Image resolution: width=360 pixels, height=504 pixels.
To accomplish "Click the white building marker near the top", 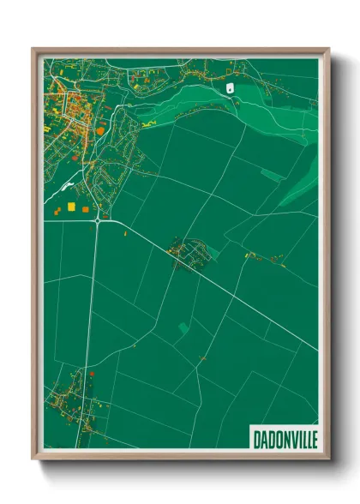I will pyautogui.click(x=230, y=87).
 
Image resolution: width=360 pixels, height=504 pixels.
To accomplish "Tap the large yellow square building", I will pyautogui.click(x=72, y=207).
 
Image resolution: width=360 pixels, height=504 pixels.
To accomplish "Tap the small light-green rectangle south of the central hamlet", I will pyautogui.click(x=184, y=327).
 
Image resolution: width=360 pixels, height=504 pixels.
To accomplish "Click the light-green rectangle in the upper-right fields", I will pyautogui.click(x=273, y=175).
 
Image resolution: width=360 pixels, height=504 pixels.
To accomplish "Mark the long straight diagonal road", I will pyautogui.click(x=231, y=291).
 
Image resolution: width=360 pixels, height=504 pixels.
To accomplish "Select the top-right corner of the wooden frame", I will pyautogui.click(x=327, y=51).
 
